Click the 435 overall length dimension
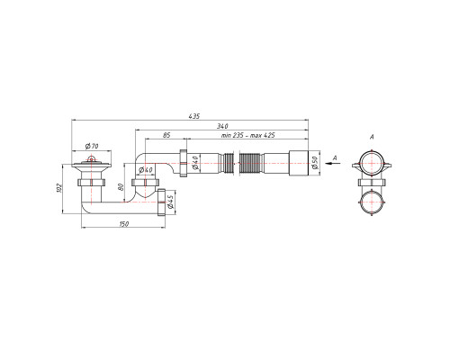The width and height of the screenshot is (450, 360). click(x=194, y=116)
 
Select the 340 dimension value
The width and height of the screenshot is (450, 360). click(x=222, y=126)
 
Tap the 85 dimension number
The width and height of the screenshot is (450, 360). click(x=166, y=135)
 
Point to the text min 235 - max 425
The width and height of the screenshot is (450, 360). click(x=248, y=135)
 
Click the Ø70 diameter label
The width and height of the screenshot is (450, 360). click(x=92, y=147)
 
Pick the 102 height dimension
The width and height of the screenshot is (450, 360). click(x=59, y=188)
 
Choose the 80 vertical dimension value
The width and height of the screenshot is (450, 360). click(x=121, y=187)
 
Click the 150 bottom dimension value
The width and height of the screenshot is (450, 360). click(x=124, y=224)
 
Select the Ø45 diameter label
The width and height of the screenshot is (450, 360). click(x=169, y=202)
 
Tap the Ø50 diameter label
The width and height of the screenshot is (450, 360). click(x=315, y=163)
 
